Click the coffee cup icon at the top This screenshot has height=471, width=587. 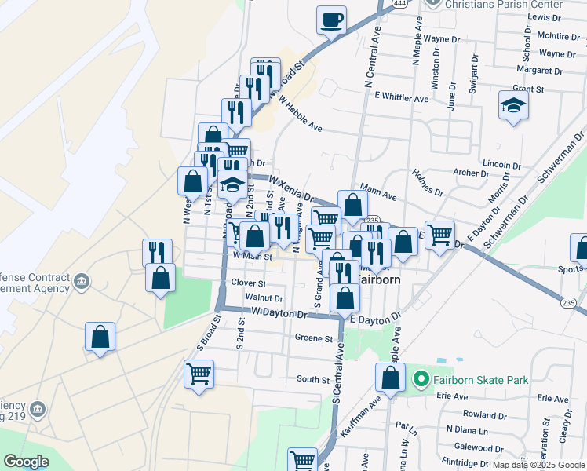332,19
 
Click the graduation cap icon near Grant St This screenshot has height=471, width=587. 513,106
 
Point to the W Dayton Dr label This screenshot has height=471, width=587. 279,313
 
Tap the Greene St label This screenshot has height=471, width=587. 314,338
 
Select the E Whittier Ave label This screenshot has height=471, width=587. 402,98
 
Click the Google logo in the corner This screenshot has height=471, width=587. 27,462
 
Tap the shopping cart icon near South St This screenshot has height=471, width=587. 199,374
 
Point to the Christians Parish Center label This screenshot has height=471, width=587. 503,5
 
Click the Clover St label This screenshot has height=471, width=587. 249,283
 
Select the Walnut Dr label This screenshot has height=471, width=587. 264,298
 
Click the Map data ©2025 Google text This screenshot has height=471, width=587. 538,465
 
